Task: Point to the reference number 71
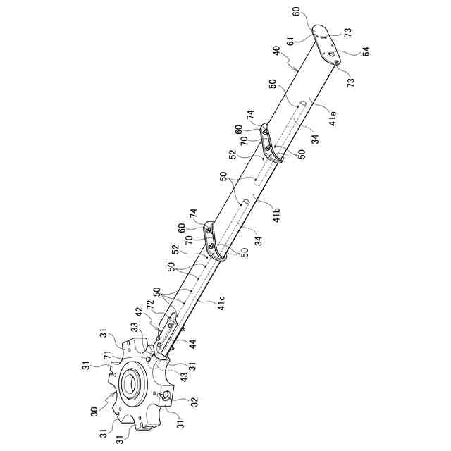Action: pos(107,359)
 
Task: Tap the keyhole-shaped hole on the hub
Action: pos(164,398)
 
